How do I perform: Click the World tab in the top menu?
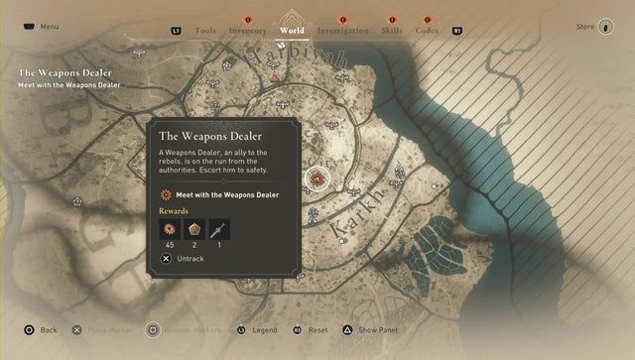coord(292,31)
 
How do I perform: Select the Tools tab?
coord(206,32)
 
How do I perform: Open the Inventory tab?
coord(247,32)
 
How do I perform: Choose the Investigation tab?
coord(342,32)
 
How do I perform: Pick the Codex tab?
coord(428,32)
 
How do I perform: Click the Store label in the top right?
coord(585,27)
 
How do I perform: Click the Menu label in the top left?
coord(50,27)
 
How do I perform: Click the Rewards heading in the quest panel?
coord(173,210)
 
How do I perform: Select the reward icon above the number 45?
coord(170,228)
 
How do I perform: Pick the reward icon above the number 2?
coord(194,228)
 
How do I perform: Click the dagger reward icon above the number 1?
coord(219,228)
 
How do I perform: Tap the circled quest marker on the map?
coord(317,179)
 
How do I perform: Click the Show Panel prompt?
coord(377,330)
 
